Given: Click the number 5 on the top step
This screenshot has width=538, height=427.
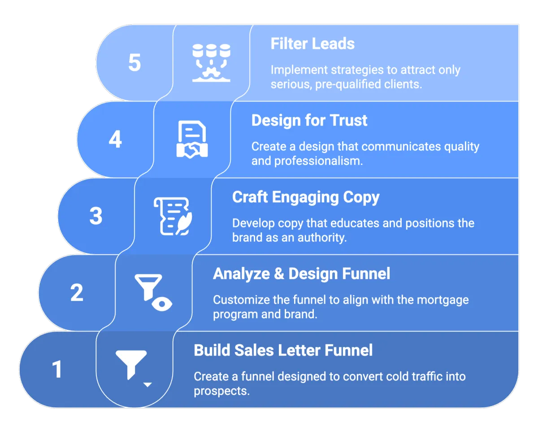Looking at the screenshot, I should [134, 63].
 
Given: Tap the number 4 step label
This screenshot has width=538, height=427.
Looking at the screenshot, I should [115, 140].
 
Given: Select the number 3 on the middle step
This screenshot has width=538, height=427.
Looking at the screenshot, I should [96, 216].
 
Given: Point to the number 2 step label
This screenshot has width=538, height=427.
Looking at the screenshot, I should [77, 293].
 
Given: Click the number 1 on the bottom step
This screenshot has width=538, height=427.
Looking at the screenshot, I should [57, 370].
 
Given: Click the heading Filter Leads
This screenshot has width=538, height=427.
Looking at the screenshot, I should [312, 44].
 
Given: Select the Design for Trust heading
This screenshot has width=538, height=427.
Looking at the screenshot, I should [309, 120].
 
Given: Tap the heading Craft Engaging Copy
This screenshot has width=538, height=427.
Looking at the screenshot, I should [306, 197].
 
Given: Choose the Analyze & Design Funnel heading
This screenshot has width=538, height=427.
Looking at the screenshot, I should [301, 273].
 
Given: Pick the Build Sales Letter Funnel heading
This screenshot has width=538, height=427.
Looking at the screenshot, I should [283, 350].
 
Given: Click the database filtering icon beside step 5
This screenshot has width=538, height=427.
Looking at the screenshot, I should [211, 62].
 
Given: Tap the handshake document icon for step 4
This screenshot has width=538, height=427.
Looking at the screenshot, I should [192, 139].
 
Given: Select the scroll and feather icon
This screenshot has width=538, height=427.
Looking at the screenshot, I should [173, 216].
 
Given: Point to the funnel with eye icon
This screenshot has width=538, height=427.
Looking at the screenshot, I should [153, 293].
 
